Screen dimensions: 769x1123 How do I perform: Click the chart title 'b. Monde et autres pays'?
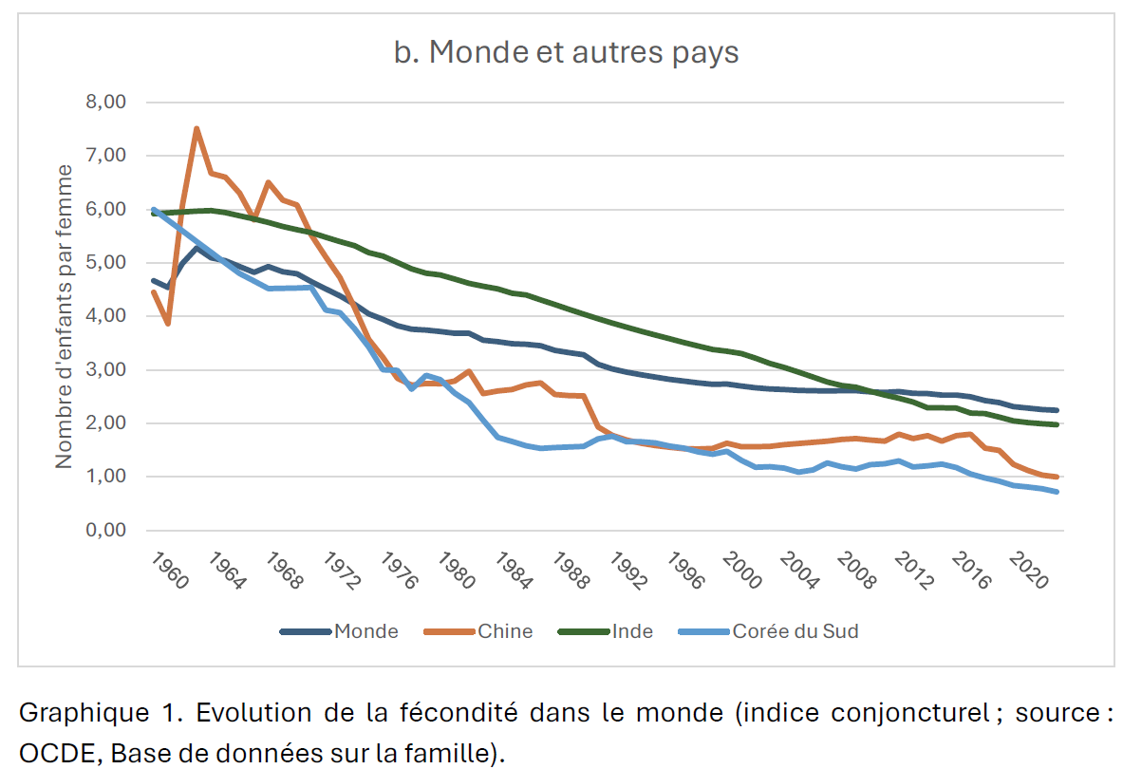pos(566,52)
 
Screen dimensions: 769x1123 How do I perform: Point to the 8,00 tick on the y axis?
pos(106,102)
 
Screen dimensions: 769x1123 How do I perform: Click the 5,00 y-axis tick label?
pos(106,262)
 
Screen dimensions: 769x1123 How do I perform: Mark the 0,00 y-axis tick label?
pos(106,530)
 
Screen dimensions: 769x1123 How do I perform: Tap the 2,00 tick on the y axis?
pos(106,422)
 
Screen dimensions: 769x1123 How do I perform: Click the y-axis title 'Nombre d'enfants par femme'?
pos(64,316)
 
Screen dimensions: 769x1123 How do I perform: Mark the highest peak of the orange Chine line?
pos(197,128)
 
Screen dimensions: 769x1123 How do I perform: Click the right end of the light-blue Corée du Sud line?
pos(1057,491)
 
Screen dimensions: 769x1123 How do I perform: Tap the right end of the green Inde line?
pos(1057,424)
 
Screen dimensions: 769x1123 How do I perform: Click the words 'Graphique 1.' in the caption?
pos(82,712)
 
